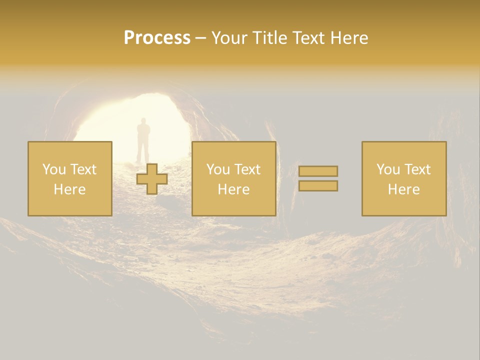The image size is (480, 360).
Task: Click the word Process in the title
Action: (157, 38)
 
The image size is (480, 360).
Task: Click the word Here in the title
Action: (350, 38)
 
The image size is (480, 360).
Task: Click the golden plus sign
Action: (152, 179)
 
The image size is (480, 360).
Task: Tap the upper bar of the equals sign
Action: (318, 171)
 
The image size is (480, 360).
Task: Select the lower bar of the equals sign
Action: (318, 186)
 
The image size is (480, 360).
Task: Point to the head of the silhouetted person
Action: (143, 121)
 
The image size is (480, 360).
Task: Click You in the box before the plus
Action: (53, 169)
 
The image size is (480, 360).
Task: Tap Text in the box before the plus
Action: (83, 169)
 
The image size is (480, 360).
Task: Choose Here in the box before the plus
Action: (69, 189)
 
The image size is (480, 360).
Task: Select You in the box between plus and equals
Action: (218, 169)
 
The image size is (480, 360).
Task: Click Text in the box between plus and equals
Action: (247, 169)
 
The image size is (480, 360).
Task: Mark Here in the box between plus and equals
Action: (233, 189)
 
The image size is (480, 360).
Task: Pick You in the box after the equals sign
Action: (388, 169)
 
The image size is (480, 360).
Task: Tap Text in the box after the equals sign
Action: (417, 169)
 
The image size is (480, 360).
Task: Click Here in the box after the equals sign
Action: (403, 189)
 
